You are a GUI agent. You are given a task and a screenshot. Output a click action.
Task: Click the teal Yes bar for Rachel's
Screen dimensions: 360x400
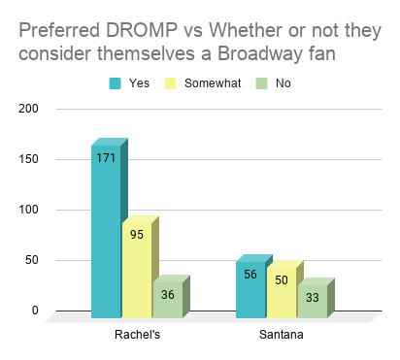[106, 233]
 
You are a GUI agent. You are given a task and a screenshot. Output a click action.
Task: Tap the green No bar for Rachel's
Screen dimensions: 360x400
[166, 301]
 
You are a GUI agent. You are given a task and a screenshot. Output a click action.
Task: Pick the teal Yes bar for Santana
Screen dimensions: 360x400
[250, 290]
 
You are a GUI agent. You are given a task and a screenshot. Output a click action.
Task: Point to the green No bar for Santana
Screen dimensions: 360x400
[311, 303]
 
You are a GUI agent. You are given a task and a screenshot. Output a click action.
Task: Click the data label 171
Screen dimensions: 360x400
[106, 157]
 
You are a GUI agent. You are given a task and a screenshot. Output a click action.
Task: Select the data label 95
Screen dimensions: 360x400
[136, 234]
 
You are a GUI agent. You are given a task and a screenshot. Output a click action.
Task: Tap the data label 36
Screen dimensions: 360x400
[166, 294]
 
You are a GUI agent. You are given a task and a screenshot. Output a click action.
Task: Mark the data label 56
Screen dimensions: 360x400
[250, 274]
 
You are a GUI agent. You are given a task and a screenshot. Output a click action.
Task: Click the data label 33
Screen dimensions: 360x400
[311, 297]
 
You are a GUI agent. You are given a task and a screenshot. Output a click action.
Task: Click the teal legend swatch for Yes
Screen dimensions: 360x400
[115, 82]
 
